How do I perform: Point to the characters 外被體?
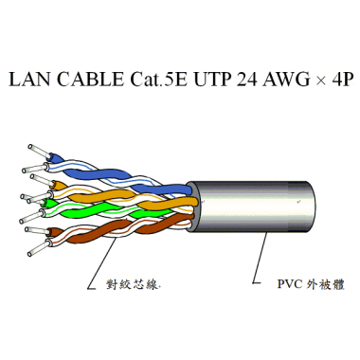click(x=326, y=283)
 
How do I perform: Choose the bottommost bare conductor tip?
click(x=33, y=251)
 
